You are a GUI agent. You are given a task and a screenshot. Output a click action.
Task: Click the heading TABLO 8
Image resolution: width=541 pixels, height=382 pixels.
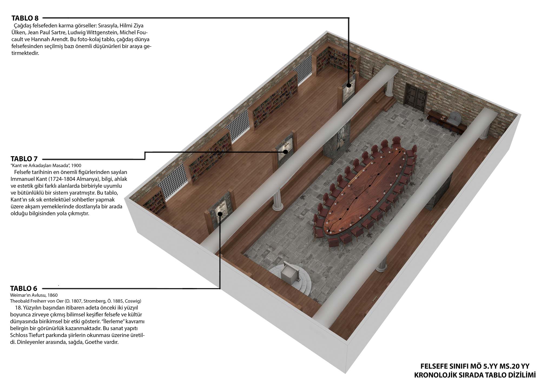pos(25,18)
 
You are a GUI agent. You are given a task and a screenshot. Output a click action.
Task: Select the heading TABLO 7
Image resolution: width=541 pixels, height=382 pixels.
pos(24,159)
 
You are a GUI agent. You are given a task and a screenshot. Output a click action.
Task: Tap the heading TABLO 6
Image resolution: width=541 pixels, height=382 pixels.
pos(24,288)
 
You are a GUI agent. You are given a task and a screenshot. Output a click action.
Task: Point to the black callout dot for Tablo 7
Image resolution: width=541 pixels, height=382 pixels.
pos(285,152)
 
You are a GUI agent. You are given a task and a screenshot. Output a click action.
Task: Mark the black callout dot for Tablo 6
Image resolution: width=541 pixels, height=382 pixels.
pos(220,214)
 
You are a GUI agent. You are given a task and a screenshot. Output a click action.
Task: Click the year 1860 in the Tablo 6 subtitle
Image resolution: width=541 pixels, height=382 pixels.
pos(53,295)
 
